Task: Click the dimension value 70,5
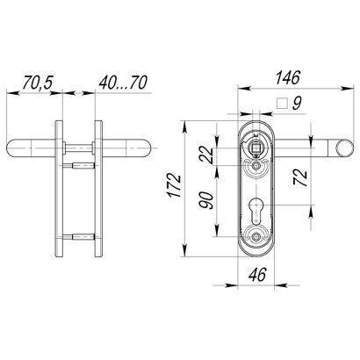[x=38, y=82]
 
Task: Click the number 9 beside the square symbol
[x=298, y=103]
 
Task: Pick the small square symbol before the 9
[x=281, y=103]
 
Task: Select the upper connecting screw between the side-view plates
[x=79, y=164]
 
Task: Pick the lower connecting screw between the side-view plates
[x=79, y=234]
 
